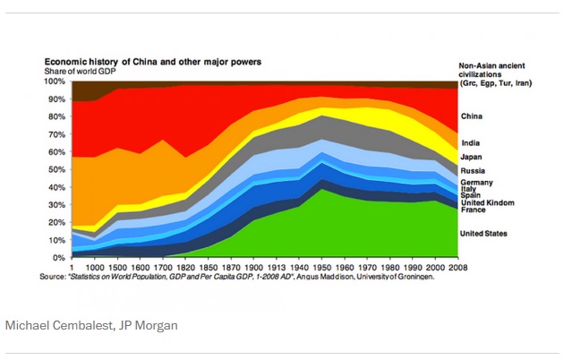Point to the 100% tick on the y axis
[x=55, y=81]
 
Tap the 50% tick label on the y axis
[x=56, y=168]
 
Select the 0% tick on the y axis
[x=59, y=257]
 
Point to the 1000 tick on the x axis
[x=94, y=266]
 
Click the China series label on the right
[x=472, y=116]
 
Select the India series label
[x=470, y=142]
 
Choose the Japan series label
[x=472, y=157]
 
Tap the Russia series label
[x=473, y=170]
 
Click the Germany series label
[x=477, y=183]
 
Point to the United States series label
[x=484, y=234]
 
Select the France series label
[x=473, y=209]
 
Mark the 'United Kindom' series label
[x=488, y=201]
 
